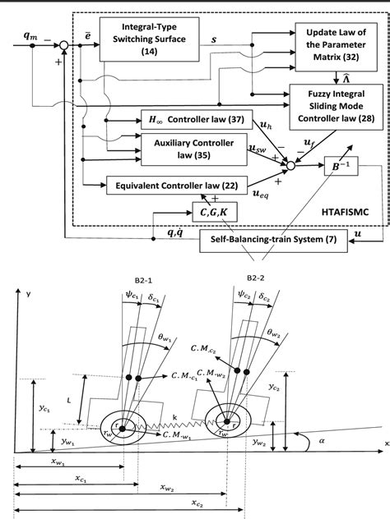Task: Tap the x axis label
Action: (384, 442)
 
